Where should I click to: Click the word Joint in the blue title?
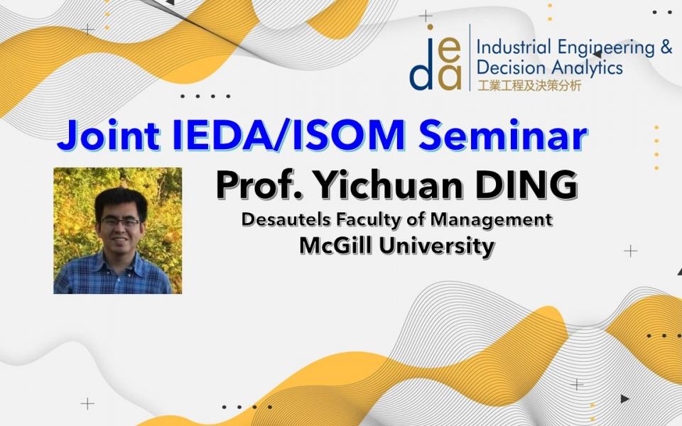click(x=108, y=135)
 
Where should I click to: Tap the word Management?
click(x=492, y=220)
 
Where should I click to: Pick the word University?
click(x=437, y=247)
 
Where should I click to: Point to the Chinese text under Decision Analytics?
click(x=529, y=85)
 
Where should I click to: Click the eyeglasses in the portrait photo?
click(x=121, y=222)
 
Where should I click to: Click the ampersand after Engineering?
click(x=666, y=47)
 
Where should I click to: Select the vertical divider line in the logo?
click(x=470, y=58)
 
